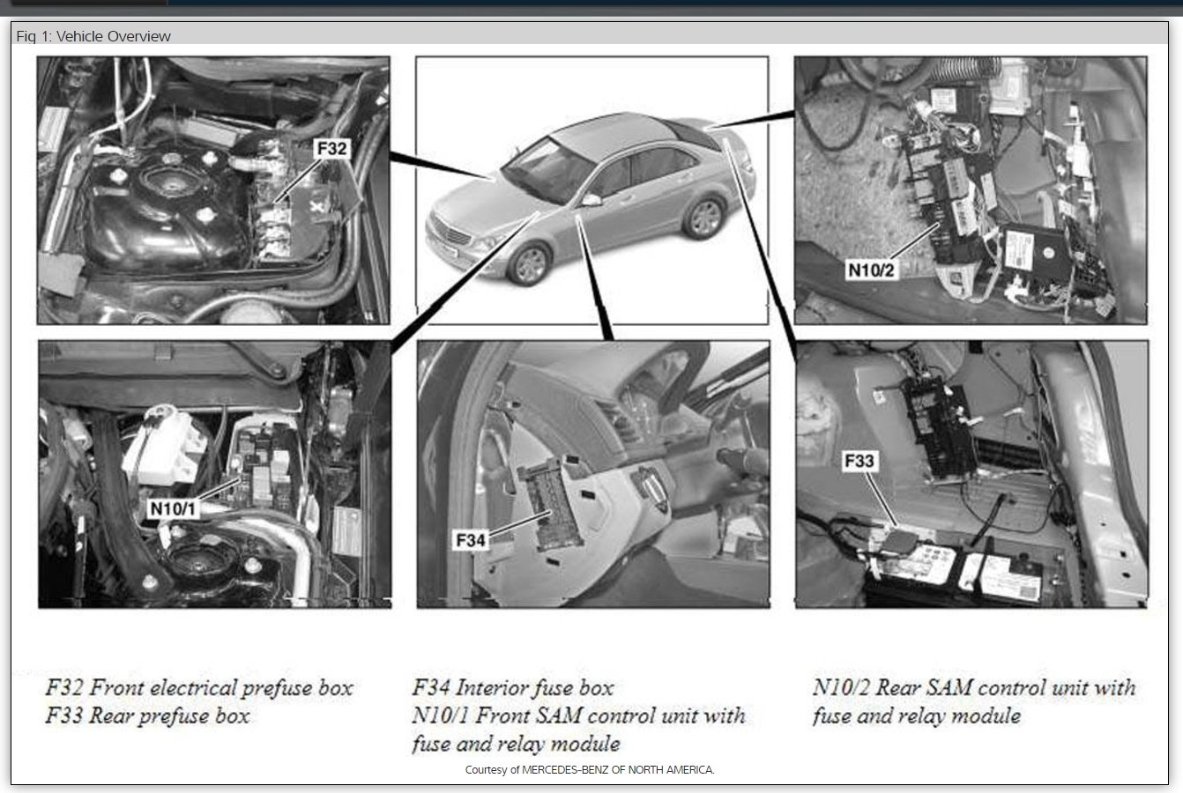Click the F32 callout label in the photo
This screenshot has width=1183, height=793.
tap(331, 148)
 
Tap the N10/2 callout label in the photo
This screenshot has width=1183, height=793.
tap(871, 271)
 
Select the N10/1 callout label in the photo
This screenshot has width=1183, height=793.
tap(173, 508)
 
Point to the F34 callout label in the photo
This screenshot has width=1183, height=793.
tap(470, 540)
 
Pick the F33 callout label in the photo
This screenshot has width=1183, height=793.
tap(859, 461)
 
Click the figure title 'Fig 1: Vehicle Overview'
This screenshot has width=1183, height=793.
tap(93, 36)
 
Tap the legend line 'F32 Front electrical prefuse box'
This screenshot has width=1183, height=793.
tap(199, 687)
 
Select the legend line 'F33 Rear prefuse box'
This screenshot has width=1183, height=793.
tap(147, 716)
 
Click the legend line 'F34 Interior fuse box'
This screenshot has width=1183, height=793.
tap(513, 687)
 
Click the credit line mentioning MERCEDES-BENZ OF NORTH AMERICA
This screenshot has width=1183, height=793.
tap(590, 770)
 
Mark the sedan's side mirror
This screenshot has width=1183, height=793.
tap(591, 200)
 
